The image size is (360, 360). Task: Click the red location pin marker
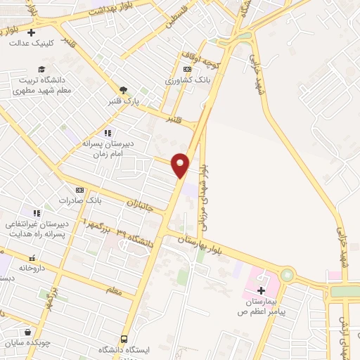[x=181, y=165]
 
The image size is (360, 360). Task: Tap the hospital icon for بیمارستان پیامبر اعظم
[x=261, y=290]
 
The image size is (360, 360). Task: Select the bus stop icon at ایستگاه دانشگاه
[x=124, y=339]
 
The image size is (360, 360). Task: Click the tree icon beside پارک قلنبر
[x=124, y=90]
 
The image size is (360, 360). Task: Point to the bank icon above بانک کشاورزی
[x=186, y=69]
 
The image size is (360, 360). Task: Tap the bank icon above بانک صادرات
[x=79, y=190]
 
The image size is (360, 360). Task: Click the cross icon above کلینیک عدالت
[x=31, y=32]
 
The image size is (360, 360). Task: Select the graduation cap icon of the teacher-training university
[x=41, y=69]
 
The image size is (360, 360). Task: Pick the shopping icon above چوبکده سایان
[x=27, y=333]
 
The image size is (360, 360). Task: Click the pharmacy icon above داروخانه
[x=31, y=259]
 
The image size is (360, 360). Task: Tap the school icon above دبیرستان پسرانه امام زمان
[x=107, y=132]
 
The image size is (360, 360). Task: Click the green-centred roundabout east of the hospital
[x=287, y=275]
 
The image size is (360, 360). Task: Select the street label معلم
[x=114, y=289]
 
